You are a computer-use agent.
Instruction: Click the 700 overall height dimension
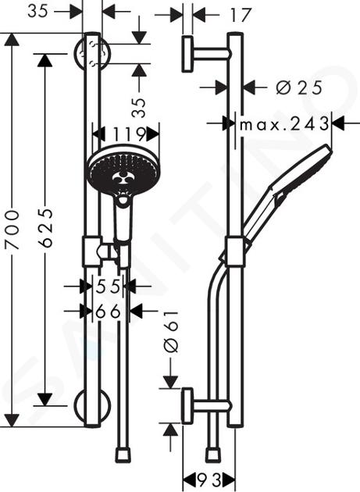pyautogui.click(x=12, y=230)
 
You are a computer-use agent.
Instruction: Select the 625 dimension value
pyautogui.click(x=46, y=227)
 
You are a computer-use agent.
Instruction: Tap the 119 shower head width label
pyautogui.click(x=129, y=135)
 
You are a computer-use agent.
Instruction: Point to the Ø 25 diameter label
pyautogui.click(x=299, y=87)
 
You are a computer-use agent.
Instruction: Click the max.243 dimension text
pyautogui.click(x=284, y=124)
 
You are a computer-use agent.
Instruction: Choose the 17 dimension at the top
pyautogui.click(x=241, y=15)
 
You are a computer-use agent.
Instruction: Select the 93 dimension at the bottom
pyautogui.click(x=209, y=480)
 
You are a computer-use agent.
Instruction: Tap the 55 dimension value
pyautogui.click(x=108, y=286)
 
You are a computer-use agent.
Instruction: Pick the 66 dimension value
pyautogui.click(x=108, y=312)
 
